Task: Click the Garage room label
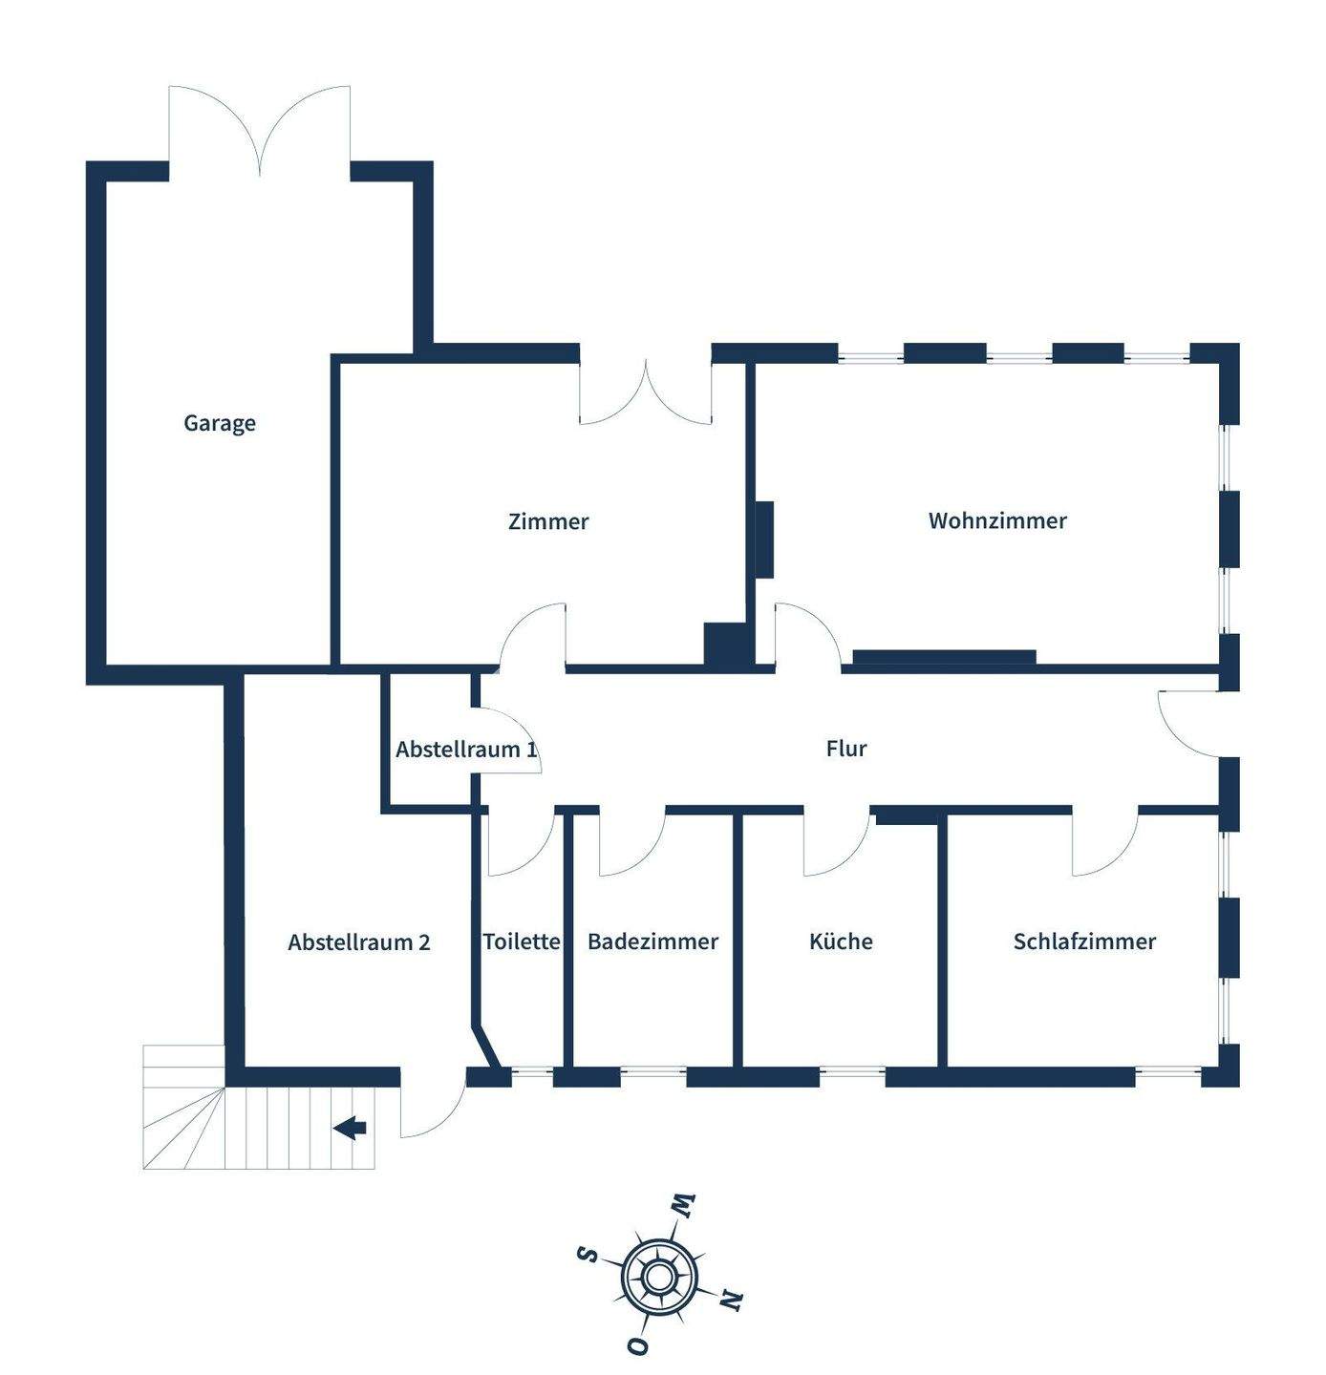[220, 423]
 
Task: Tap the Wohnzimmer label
[997, 520]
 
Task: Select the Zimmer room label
[548, 521]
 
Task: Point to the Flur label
[846, 748]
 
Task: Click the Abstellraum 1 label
[466, 749]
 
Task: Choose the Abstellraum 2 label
[359, 942]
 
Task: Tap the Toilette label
[522, 941]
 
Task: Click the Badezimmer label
[652, 941]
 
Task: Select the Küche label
[841, 941]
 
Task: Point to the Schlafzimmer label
[1084, 941]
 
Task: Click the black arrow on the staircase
[351, 1128]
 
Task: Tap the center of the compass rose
[657, 1276]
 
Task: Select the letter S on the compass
[588, 1253]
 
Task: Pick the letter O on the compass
[637, 1345]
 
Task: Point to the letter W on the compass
[684, 1205]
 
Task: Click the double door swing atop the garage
[260, 129]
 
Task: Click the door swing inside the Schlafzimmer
[1103, 845]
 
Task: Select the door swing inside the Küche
[835, 845]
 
